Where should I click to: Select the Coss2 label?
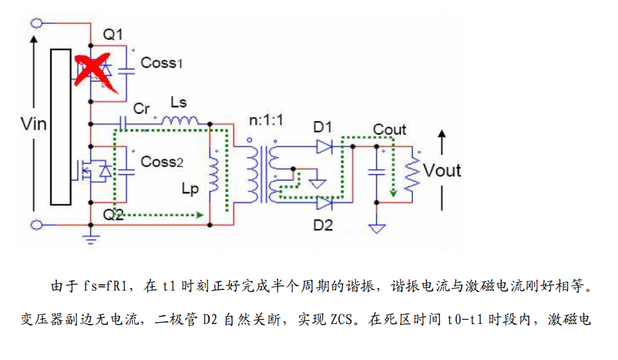click(162, 162)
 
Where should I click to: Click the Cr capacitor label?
click(141, 109)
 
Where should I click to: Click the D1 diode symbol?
click(324, 147)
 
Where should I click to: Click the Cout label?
click(389, 130)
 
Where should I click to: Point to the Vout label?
click(443, 170)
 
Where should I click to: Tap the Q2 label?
click(113, 214)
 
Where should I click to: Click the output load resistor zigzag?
click(411, 172)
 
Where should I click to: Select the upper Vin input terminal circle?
click(37, 23)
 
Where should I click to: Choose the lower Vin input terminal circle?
click(37, 224)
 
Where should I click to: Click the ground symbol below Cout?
click(377, 228)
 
